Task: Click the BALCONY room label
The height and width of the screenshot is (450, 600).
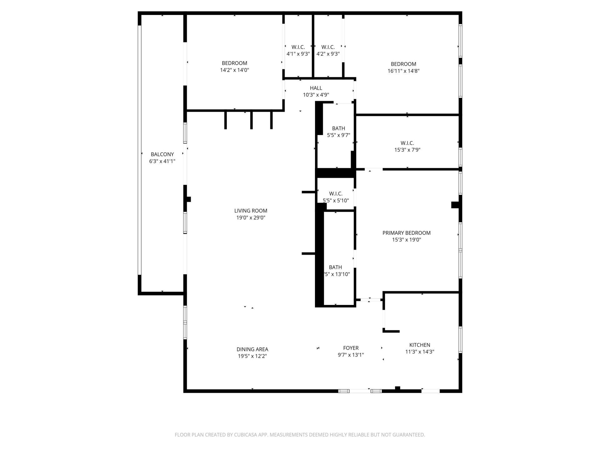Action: pyautogui.click(x=162, y=154)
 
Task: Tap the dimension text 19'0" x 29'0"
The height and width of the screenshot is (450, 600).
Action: pyautogui.click(x=251, y=218)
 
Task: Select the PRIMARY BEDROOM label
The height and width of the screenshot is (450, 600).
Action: pyautogui.click(x=406, y=233)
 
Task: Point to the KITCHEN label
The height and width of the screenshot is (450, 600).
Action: pyautogui.click(x=420, y=345)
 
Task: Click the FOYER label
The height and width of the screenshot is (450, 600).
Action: pyautogui.click(x=351, y=348)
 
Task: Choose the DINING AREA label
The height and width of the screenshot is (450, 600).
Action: pyautogui.click(x=252, y=349)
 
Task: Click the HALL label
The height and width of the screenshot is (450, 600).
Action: pyautogui.click(x=316, y=88)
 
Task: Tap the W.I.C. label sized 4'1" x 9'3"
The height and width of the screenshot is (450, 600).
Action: pyautogui.click(x=298, y=47)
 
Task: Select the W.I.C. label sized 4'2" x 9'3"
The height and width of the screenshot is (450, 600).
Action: pyautogui.click(x=328, y=47)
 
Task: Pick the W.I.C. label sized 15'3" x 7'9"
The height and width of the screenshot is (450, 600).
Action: pyautogui.click(x=407, y=143)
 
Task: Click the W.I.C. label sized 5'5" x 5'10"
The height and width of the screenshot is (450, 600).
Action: pyautogui.click(x=336, y=194)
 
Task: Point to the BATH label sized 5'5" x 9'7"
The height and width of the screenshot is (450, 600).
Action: pyautogui.click(x=338, y=128)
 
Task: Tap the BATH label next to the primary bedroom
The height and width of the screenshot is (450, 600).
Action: pyautogui.click(x=335, y=267)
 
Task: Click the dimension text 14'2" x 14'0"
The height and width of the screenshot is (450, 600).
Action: pyautogui.click(x=234, y=70)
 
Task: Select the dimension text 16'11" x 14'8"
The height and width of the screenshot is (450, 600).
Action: pyautogui.click(x=403, y=71)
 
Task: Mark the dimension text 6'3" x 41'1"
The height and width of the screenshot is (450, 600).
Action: pyautogui.click(x=162, y=161)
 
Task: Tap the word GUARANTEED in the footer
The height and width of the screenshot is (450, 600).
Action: pyautogui.click(x=410, y=435)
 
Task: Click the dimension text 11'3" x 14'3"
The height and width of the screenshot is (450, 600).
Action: pyautogui.click(x=420, y=352)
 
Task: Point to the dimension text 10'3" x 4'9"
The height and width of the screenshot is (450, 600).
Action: pyautogui.click(x=316, y=95)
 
